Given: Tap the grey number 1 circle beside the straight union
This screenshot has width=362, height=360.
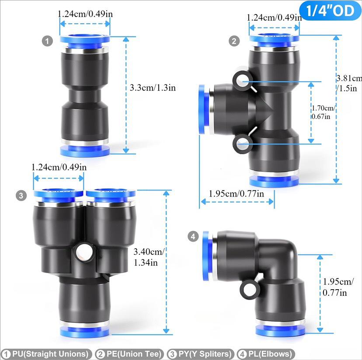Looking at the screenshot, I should tap(47, 42).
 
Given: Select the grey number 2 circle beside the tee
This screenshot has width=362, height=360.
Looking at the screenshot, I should tap(235, 42).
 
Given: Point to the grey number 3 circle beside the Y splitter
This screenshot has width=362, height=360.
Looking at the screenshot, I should tap(21, 196).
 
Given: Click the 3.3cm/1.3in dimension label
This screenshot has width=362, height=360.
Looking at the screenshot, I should tap(153, 87).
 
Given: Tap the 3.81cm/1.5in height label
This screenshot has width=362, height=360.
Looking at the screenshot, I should tap(348, 83).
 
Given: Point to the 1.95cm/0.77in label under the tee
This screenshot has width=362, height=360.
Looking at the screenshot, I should tap(236, 194).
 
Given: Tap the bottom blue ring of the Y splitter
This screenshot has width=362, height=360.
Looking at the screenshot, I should tap(85, 329).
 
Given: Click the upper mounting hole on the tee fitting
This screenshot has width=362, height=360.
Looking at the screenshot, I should tap(241, 80).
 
